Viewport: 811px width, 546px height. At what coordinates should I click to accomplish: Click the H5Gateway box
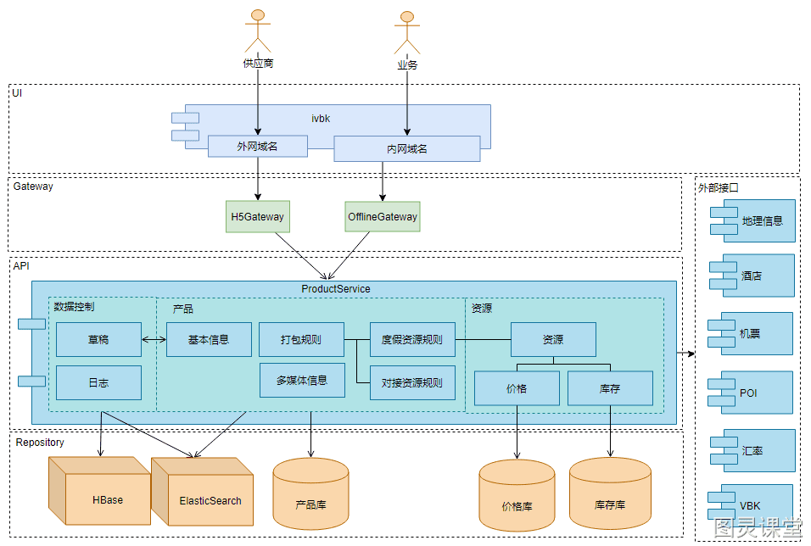258,217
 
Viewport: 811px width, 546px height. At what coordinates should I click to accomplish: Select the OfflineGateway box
383,217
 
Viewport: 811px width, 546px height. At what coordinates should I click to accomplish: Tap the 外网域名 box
258,147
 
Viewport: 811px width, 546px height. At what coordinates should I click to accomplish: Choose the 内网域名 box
406,149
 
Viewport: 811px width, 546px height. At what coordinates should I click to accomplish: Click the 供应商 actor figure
258,31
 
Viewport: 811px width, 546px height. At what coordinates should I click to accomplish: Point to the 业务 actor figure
407,32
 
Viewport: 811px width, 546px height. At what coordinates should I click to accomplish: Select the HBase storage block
99,491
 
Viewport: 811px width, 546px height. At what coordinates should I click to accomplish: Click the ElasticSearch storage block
202,491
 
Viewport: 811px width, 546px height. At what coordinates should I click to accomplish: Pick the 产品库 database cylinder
310,493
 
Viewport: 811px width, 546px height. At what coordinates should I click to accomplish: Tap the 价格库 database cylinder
517,495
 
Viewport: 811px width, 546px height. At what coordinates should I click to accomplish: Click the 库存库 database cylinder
610,493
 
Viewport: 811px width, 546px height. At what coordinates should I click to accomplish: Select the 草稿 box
98,340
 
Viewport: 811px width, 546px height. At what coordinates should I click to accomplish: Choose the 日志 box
98,382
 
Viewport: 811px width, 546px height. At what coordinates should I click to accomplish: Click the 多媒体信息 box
302,380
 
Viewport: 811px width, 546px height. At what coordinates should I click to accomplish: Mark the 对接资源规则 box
412,382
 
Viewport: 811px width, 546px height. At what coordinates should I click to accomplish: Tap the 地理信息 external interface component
752,220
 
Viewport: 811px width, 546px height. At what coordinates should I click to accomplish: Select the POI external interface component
751,393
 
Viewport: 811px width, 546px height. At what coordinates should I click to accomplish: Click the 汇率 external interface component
752,450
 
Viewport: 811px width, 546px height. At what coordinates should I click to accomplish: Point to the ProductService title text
336,289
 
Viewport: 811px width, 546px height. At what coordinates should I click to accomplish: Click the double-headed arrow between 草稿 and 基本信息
154,340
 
